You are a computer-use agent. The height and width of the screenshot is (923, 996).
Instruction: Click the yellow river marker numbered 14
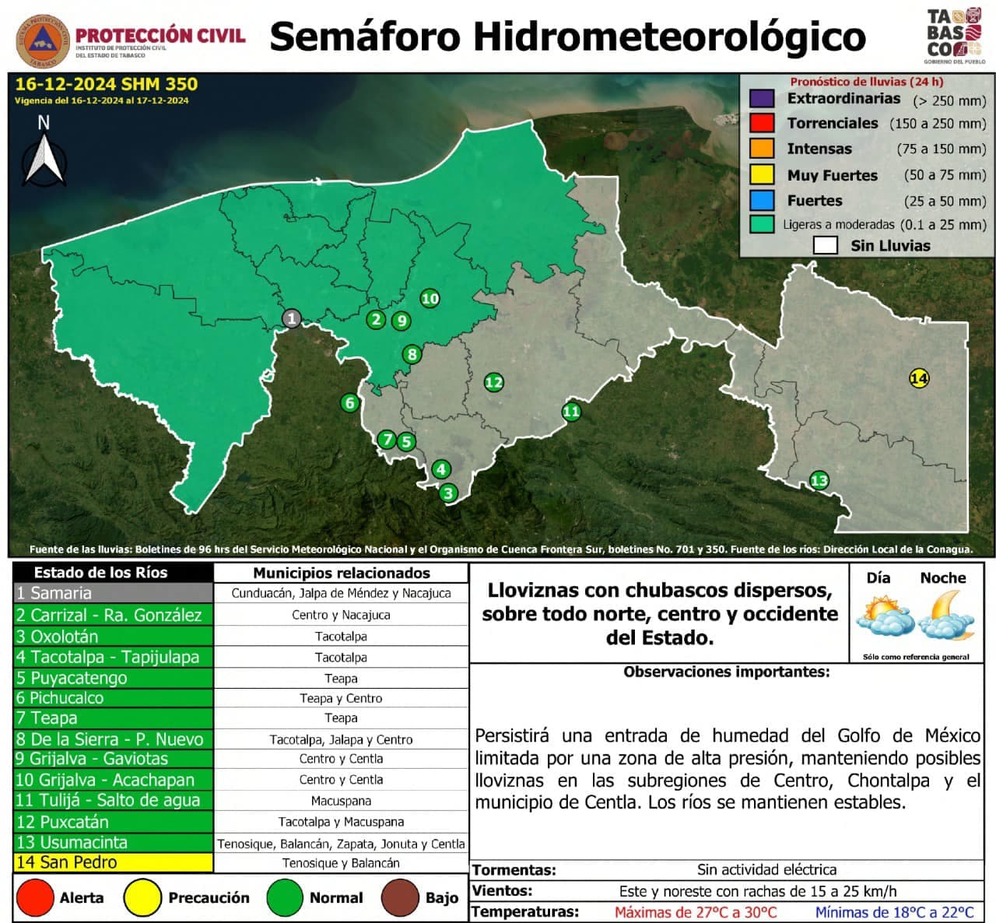click(919, 378)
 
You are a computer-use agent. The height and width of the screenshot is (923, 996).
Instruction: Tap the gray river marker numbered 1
click(292, 318)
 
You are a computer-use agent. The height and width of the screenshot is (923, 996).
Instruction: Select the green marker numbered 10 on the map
click(430, 298)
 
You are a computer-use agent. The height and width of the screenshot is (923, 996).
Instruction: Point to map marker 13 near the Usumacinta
click(819, 480)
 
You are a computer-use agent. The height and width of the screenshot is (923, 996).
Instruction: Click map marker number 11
click(571, 412)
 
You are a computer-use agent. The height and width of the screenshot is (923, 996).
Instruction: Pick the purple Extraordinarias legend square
click(762, 99)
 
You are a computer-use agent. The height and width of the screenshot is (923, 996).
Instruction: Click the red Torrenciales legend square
click(762, 123)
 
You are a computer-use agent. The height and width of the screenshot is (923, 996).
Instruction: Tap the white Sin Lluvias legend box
click(825, 246)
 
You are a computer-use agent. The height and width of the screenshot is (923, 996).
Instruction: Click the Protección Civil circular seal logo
click(44, 42)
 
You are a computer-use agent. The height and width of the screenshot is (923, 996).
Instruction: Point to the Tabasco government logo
click(954, 36)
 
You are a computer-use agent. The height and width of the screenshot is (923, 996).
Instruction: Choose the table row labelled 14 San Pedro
click(114, 862)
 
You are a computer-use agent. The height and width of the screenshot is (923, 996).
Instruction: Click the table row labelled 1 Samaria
click(114, 593)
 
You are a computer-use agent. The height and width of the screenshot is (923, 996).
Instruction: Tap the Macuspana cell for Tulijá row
click(341, 801)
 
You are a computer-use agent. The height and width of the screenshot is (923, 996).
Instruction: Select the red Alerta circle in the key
click(35, 897)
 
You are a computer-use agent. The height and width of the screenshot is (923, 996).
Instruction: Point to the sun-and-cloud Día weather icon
click(885, 616)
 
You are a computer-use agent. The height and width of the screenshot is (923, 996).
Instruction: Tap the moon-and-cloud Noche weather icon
click(946, 616)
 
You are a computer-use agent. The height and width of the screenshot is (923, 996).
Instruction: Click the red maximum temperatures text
click(696, 912)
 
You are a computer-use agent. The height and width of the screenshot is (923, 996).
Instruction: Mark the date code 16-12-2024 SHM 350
click(107, 84)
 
